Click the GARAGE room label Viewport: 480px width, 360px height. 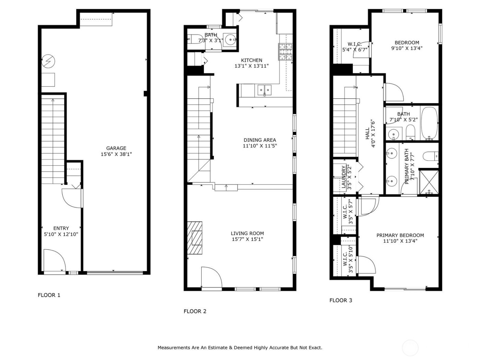click(x=116, y=148)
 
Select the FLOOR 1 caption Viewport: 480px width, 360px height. click(x=49, y=295)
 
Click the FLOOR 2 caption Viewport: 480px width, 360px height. click(x=195, y=311)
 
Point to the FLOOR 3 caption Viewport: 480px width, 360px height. click(x=341, y=300)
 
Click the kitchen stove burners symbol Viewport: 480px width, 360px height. click(x=285, y=52)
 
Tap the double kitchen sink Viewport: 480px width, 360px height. click(x=264, y=90)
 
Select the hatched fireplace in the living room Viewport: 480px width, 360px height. click(x=195, y=238)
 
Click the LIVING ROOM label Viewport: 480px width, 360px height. click(x=247, y=233)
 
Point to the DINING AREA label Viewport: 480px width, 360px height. click(x=260, y=140)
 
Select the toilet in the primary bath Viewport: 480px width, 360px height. click(x=431, y=157)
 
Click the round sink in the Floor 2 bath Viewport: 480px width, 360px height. click(x=229, y=40)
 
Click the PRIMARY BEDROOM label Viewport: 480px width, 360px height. click(x=400, y=235)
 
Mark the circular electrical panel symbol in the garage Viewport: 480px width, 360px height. click(x=48, y=61)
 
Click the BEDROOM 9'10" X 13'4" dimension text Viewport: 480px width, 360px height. click(x=407, y=48)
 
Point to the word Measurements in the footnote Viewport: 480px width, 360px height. click(x=174, y=348)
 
